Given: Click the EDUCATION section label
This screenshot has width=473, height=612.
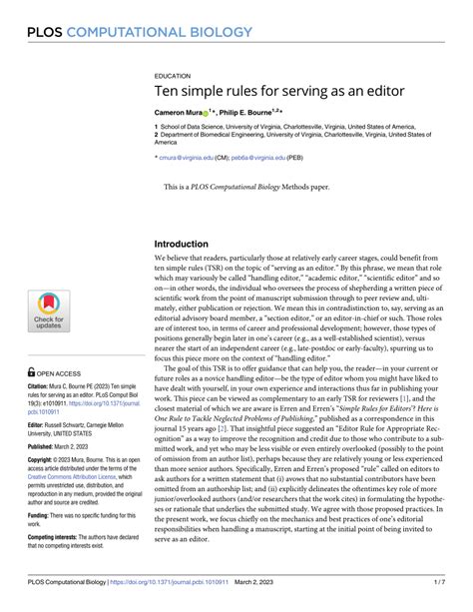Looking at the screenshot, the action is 173,75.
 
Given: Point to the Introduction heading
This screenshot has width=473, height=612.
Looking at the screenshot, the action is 191,245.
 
